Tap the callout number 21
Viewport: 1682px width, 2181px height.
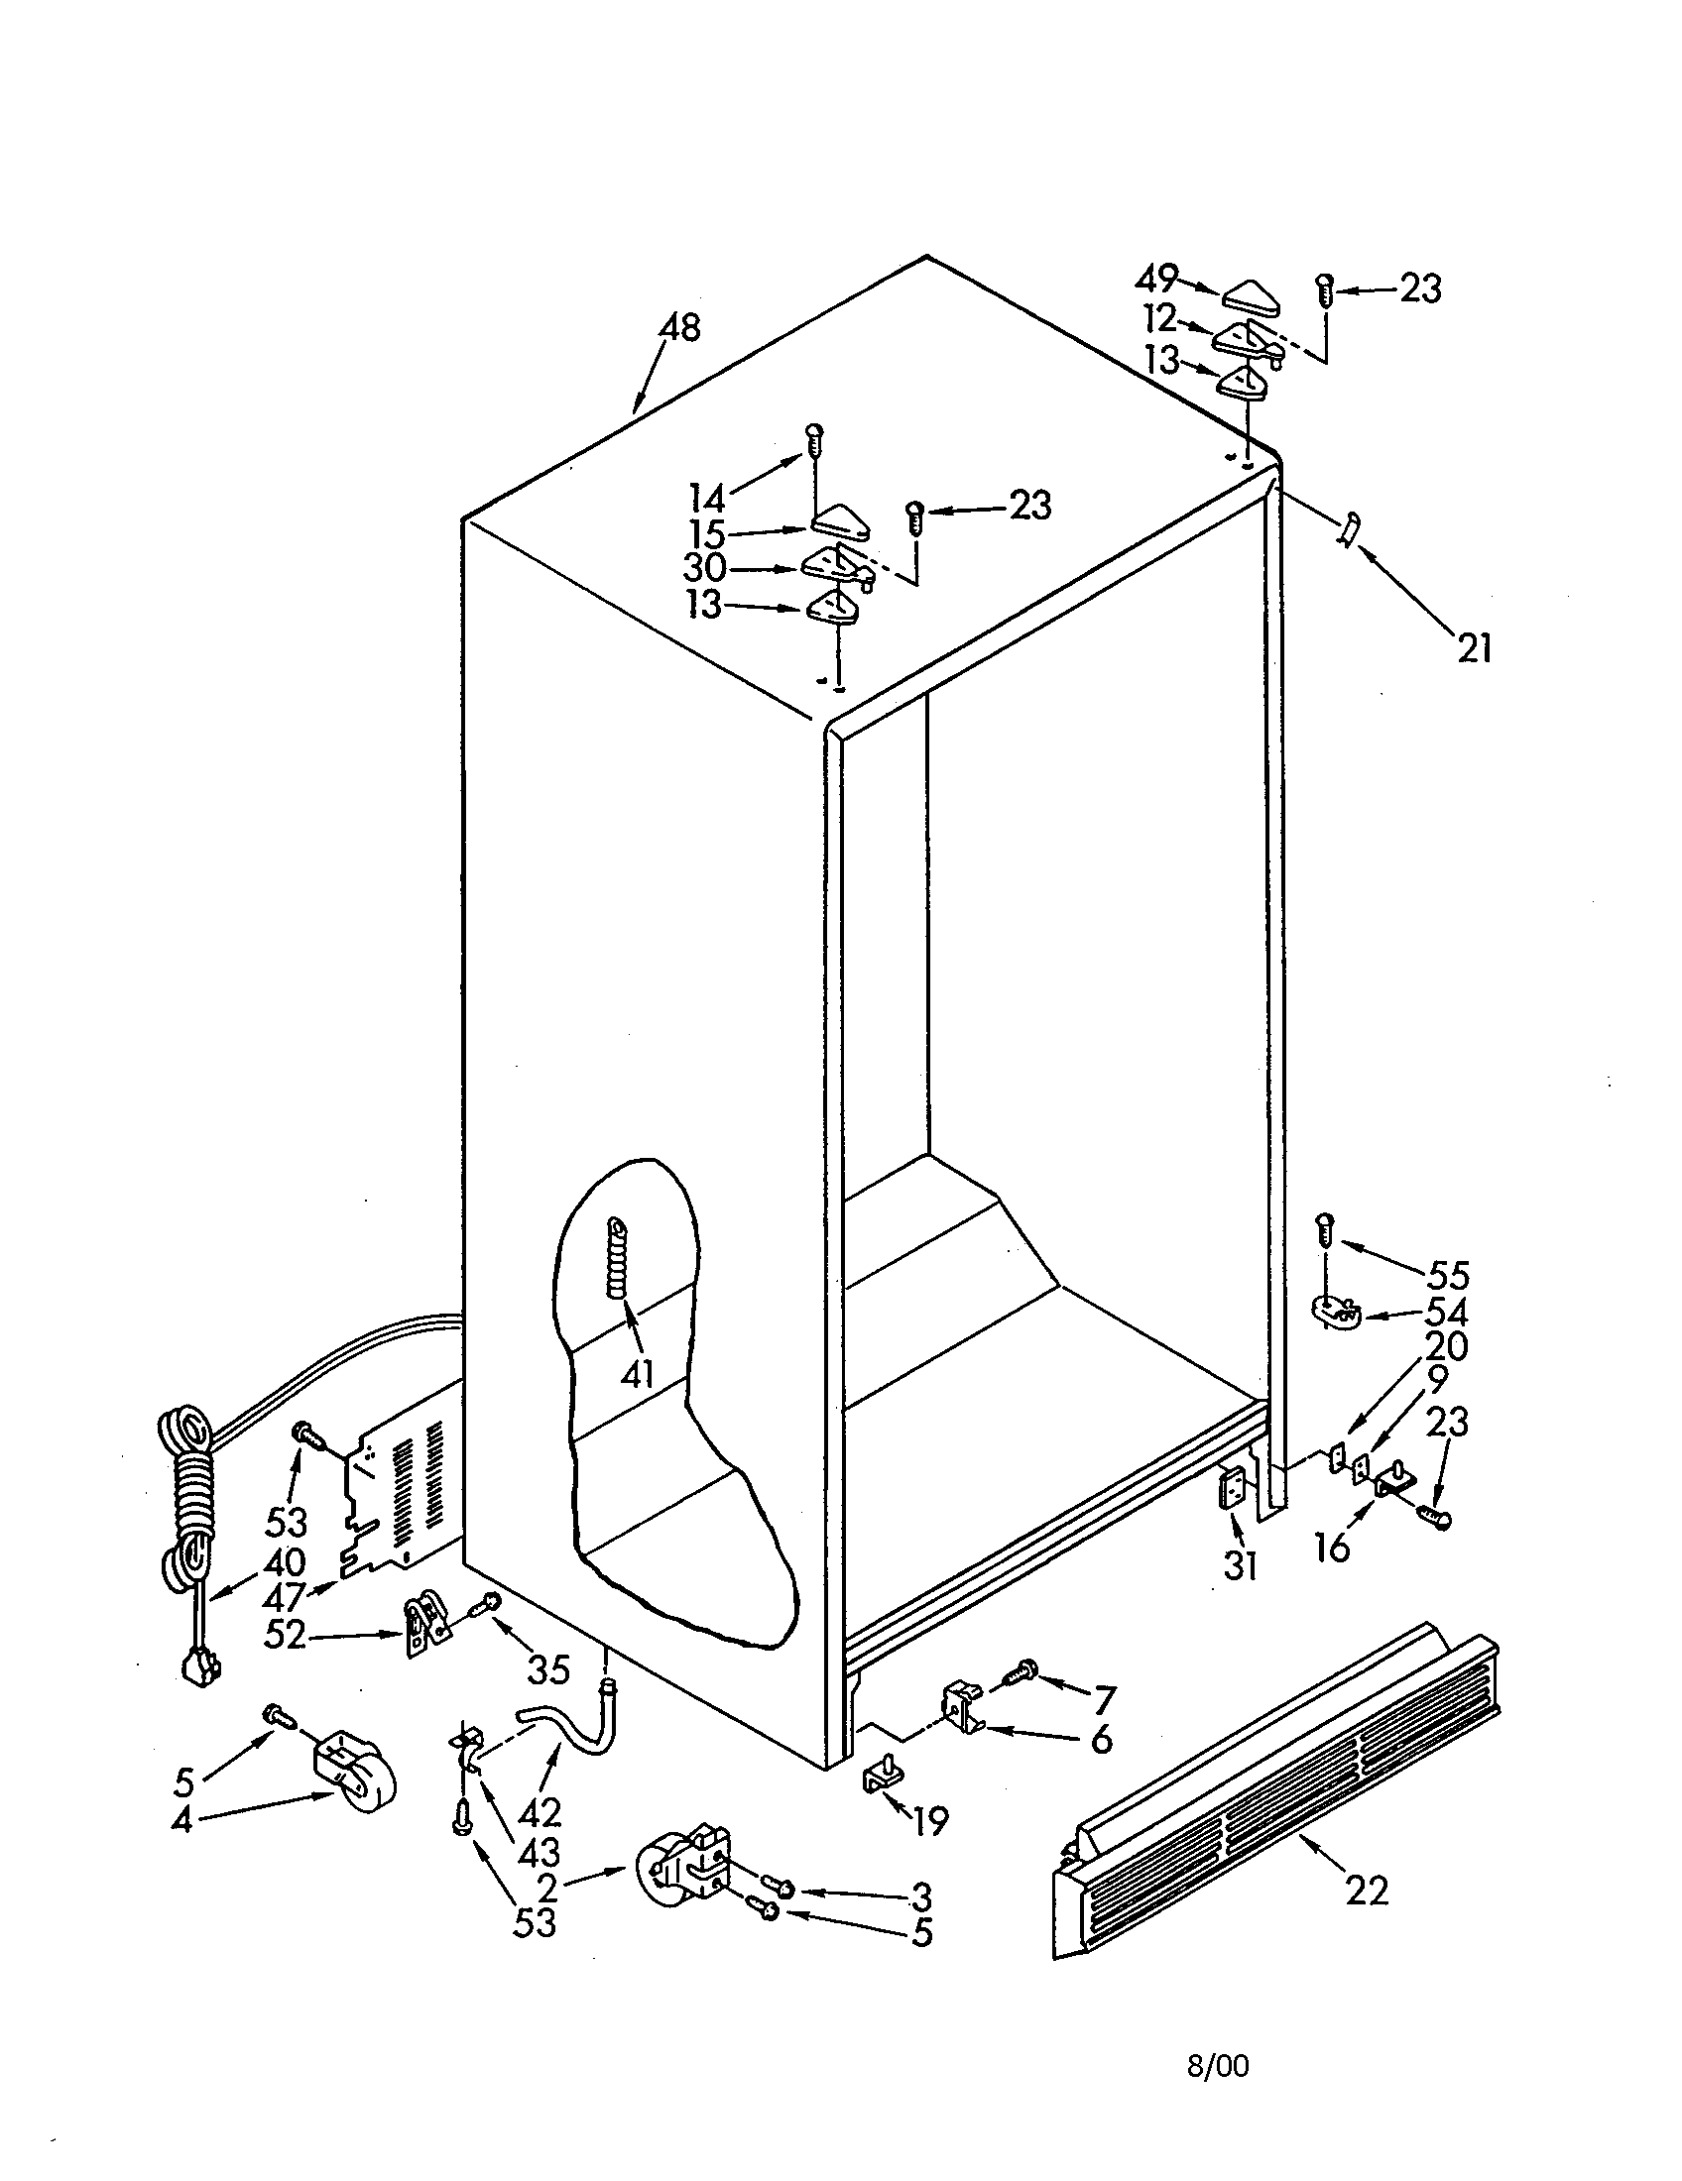tap(1475, 649)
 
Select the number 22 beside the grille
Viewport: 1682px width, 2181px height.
tap(1367, 1890)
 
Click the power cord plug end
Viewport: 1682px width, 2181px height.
tap(199, 1666)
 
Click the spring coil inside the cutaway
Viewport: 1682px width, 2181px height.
tap(619, 1258)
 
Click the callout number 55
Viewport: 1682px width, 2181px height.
tap(1447, 1275)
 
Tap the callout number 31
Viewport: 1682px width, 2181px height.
tap(1240, 1566)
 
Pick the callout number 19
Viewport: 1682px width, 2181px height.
tap(930, 1821)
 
